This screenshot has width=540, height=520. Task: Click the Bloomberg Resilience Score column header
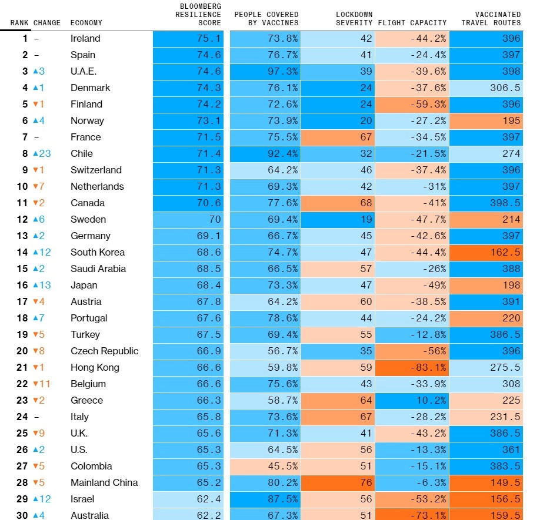(198, 15)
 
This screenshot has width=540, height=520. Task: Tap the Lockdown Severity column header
(354, 19)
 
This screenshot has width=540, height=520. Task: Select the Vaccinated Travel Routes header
(491, 19)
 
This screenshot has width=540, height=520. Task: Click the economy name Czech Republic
(104, 351)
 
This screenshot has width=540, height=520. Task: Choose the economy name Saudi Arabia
(98, 269)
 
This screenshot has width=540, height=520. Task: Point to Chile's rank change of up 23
(42, 153)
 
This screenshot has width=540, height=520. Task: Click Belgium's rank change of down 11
(42, 384)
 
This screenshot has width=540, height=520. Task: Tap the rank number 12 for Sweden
(22, 219)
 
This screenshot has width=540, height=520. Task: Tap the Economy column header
(86, 23)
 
